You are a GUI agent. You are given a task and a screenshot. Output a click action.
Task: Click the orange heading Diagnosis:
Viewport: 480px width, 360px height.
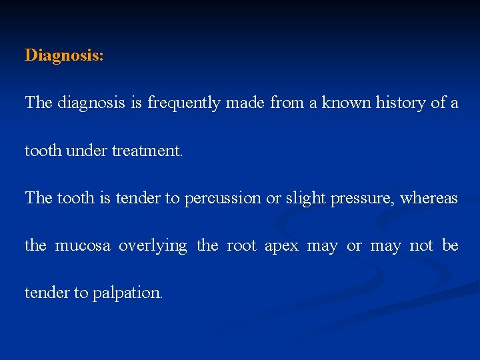pyautogui.click(x=64, y=55)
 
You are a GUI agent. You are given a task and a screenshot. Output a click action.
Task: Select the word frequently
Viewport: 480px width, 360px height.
pyautogui.click(x=183, y=103)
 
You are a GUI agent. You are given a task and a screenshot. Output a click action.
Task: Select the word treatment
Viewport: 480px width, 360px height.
pyautogui.click(x=147, y=151)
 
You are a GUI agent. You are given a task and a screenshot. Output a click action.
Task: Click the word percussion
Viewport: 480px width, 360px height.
pyautogui.click(x=223, y=199)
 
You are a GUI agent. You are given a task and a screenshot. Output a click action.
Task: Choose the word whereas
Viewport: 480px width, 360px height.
pyautogui.click(x=429, y=198)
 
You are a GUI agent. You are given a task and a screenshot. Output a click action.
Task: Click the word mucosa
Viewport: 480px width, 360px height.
pyautogui.click(x=83, y=246)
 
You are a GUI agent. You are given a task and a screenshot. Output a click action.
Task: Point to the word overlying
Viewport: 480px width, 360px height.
pyautogui.click(x=153, y=247)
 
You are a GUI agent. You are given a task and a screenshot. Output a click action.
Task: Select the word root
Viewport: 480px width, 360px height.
pyautogui.click(x=241, y=246)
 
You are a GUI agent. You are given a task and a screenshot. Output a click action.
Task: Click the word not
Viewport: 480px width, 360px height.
pyautogui.click(x=421, y=246)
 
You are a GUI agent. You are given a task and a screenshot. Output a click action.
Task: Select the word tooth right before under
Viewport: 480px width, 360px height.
pyautogui.click(x=41, y=151)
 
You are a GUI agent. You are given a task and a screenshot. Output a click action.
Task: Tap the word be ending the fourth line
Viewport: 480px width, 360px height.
pyautogui.click(x=451, y=245)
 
